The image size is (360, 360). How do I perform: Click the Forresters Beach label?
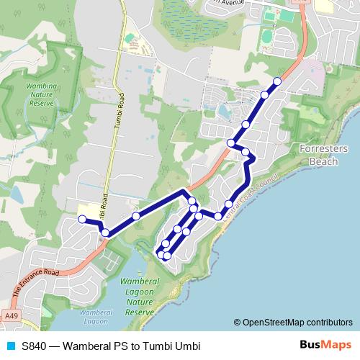323,155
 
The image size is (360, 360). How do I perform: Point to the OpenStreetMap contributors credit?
297,323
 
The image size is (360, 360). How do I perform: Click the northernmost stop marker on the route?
277,81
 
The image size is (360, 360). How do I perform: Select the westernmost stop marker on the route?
82,219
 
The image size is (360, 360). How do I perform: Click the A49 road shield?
11,315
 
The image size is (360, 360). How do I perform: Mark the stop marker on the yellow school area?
82,219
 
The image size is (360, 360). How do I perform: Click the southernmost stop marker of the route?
166,256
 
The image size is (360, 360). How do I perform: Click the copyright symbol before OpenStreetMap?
238,323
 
